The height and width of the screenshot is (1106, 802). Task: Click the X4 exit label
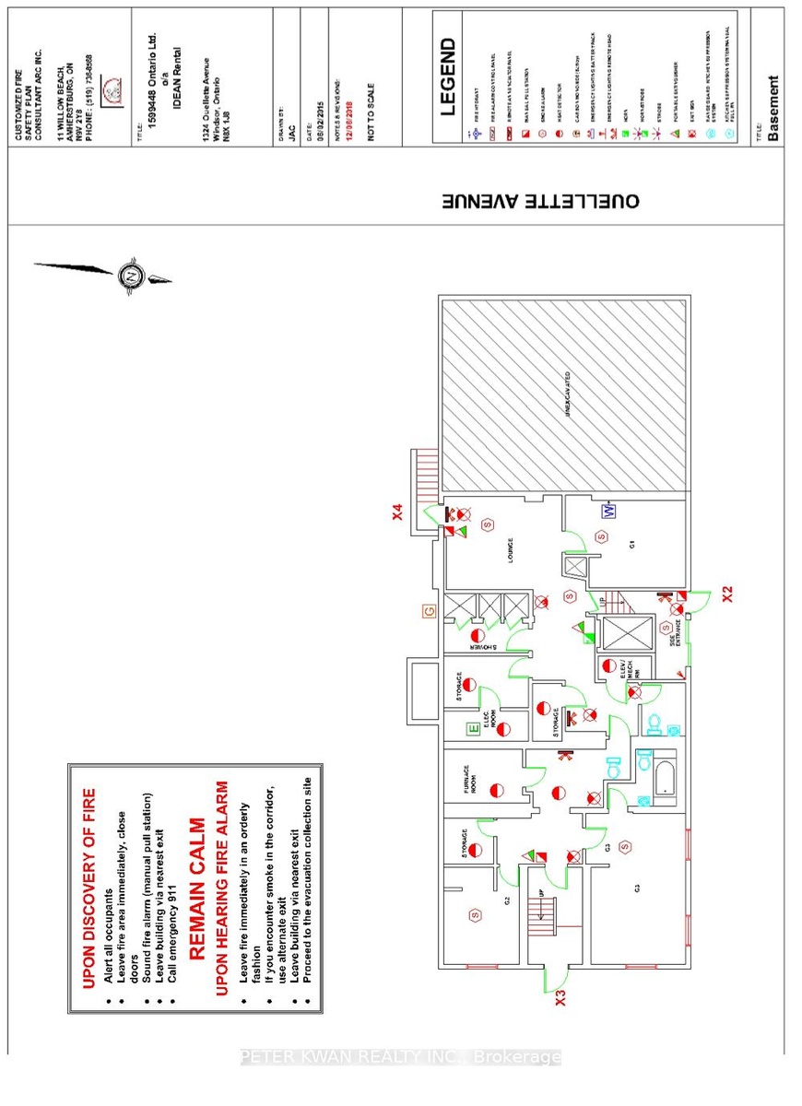pyautogui.click(x=397, y=508)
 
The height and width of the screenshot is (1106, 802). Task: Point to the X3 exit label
pyautogui.click(x=560, y=996)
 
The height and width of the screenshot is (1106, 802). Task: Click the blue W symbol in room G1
pyautogui.click(x=608, y=510)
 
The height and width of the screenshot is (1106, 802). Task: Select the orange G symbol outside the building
pyautogui.click(x=428, y=610)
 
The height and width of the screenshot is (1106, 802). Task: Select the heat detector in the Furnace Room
pyautogui.click(x=497, y=790)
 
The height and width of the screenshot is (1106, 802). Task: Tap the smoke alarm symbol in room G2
pyautogui.click(x=476, y=915)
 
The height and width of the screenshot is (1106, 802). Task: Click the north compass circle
pyautogui.click(x=132, y=275)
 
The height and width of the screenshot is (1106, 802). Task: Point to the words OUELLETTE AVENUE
pyautogui.click(x=539, y=201)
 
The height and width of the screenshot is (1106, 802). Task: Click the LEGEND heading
pyautogui.click(x=448, y=76)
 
